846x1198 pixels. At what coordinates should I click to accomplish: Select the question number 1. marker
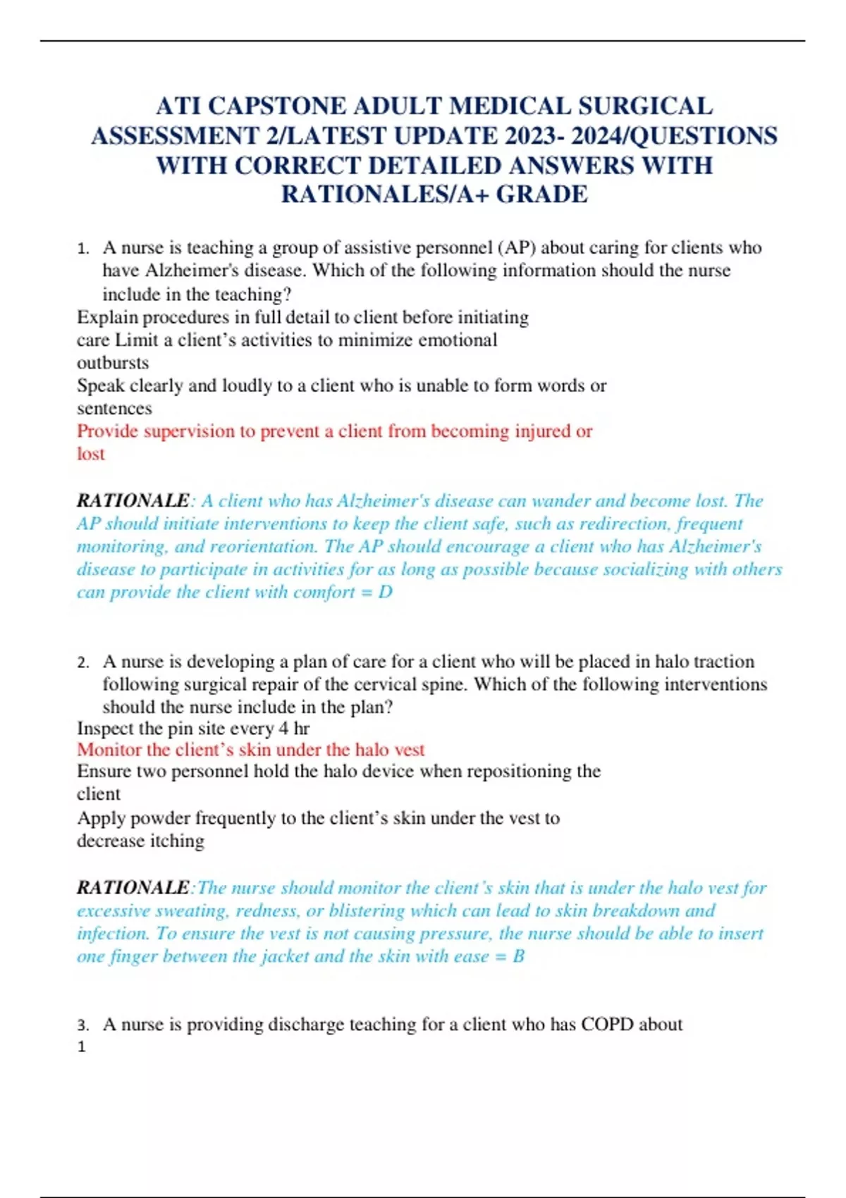pos(83,249)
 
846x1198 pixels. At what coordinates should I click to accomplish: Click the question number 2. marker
pos(83,662)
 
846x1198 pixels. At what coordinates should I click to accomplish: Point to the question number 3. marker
pos(83,1025)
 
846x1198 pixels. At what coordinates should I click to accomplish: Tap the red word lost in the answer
pos(91,454)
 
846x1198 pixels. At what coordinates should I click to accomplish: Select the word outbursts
pos(113,363)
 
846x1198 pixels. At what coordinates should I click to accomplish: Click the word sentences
pos(114,409)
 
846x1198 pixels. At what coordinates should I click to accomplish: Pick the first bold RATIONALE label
pos(133,501)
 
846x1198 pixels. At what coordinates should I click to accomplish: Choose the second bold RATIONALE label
pos(133,888)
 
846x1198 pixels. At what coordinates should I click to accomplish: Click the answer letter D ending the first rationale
pos(385,592)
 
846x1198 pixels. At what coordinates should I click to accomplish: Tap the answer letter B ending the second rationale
pos(518,956)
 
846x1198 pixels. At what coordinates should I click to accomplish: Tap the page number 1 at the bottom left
pos(81,1047)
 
